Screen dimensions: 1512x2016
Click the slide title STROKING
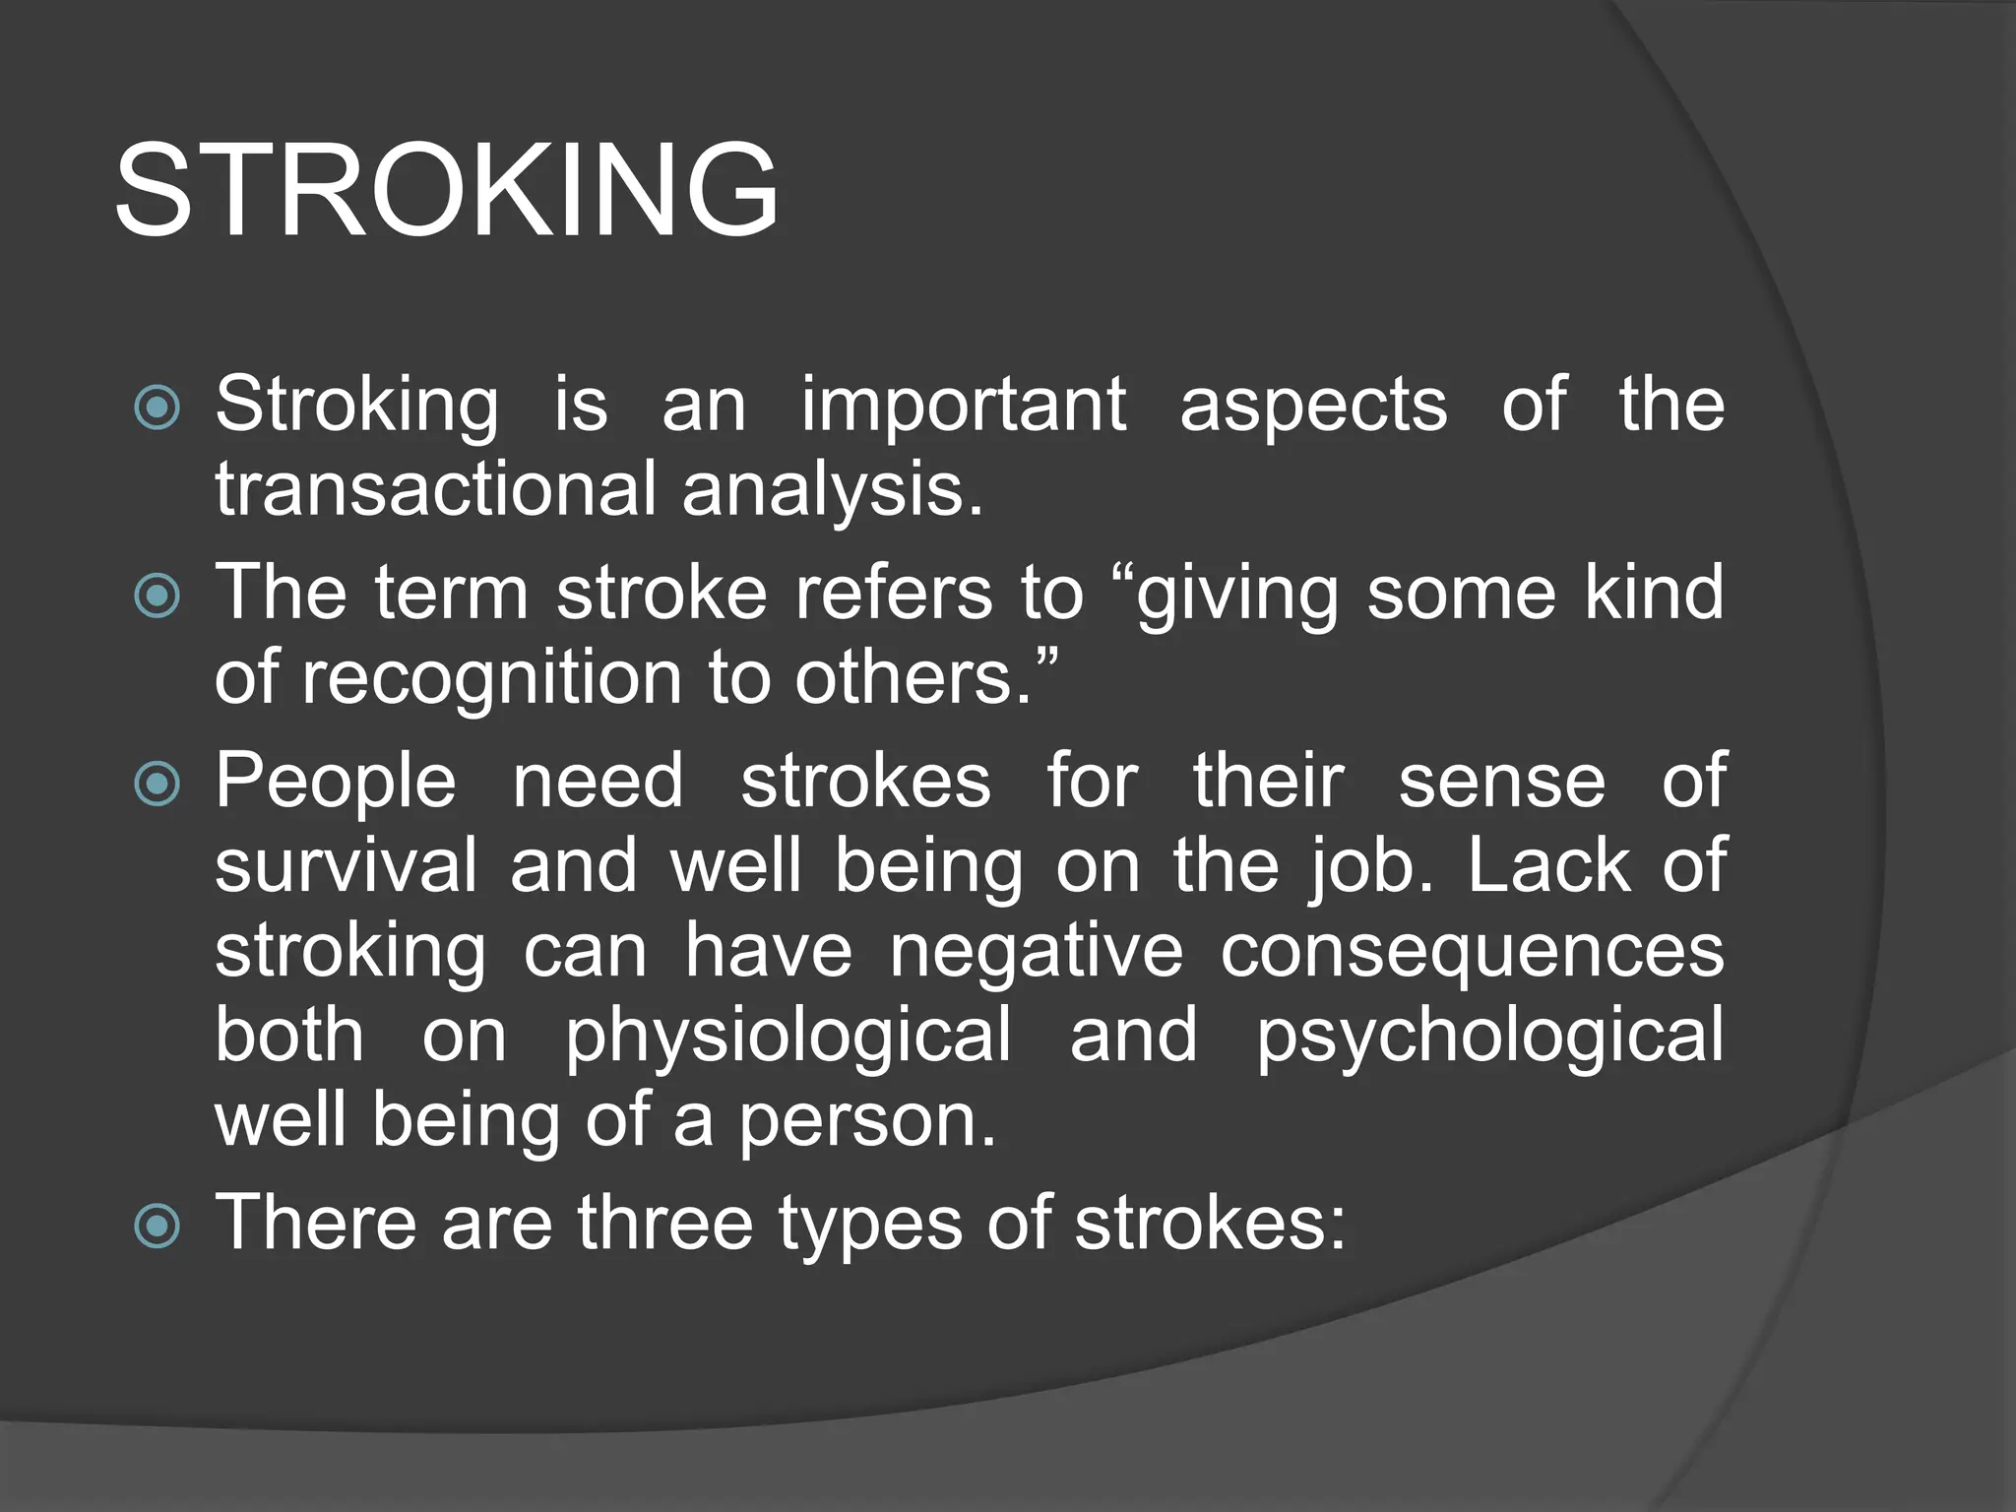coord(448,189)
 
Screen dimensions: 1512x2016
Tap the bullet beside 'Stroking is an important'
coord(157,407)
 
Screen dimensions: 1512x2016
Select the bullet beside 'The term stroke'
coord(157,596)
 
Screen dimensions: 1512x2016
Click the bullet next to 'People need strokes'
coord(157,784)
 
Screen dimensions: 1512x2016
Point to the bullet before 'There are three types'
coord(157,1226)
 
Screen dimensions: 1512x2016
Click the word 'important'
coord(963,405)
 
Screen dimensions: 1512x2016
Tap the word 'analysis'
coord(832,489)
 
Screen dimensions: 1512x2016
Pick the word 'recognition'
coord(492,678)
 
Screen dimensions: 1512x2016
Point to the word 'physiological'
coord(787,1036)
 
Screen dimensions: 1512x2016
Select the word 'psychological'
coord(1489,1036)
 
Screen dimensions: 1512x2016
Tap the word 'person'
coord(866,1121)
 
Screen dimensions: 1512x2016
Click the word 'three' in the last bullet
coord(665,1223)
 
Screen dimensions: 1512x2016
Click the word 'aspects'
coord(1313,405)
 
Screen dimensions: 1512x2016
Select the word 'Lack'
coord(1549,865)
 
